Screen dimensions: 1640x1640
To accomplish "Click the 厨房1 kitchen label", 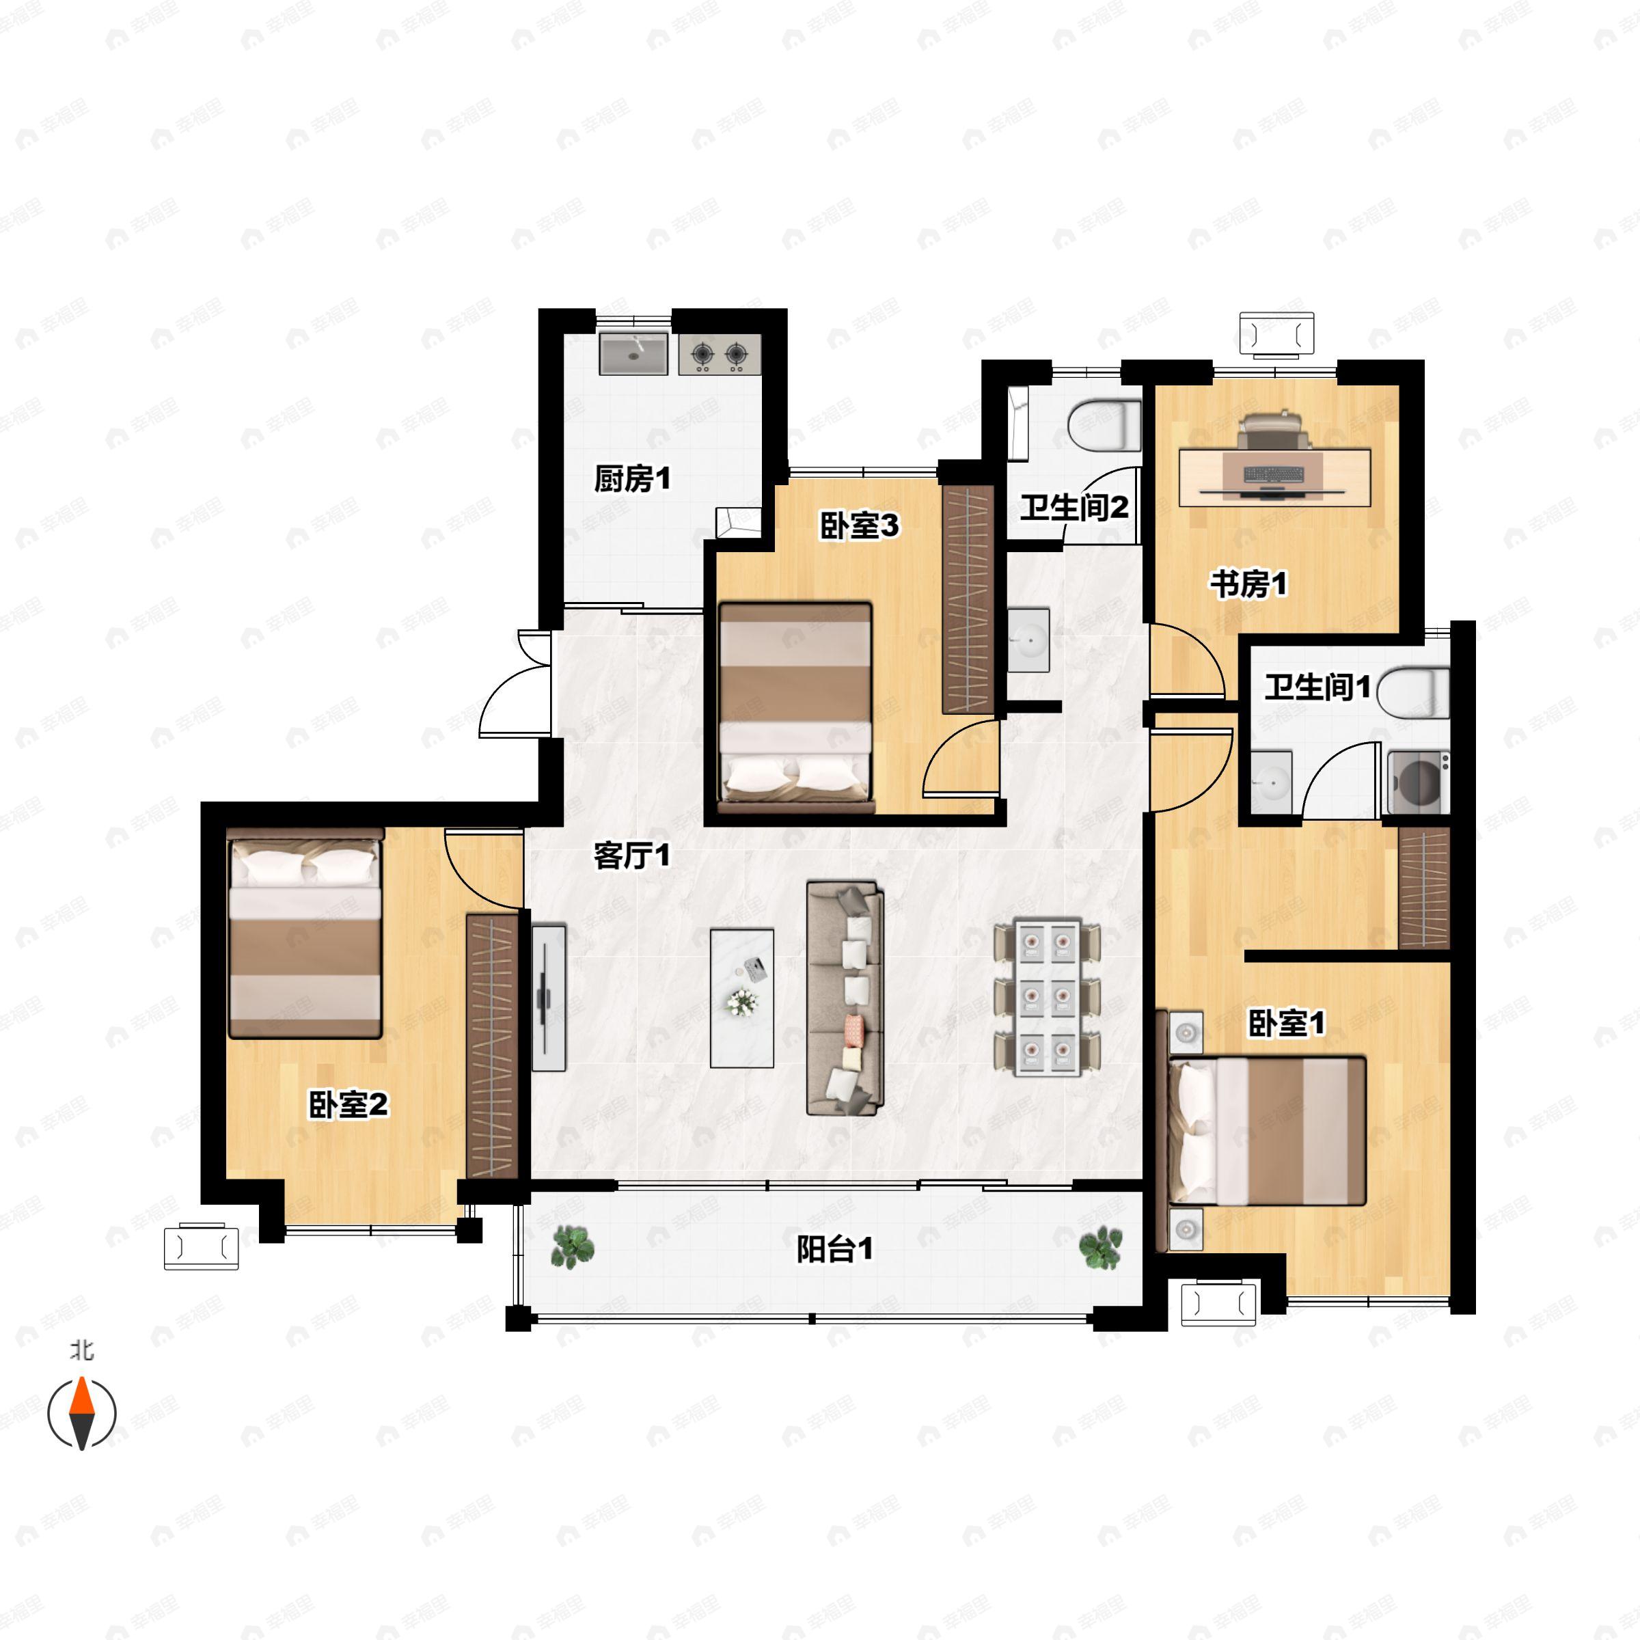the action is tap(631, 479).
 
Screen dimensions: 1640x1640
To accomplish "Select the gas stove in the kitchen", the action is tap(719, 354).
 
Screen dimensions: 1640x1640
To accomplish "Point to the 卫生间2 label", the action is tap(1074, 508).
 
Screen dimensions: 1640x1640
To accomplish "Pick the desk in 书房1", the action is tap(1274, 477).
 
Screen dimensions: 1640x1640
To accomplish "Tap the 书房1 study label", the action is tap(1248, 584).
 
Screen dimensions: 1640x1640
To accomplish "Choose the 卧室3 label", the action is tap(859, 525).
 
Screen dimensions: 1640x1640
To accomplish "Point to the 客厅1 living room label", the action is tap(631, 856).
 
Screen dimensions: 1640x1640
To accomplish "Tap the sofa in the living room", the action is tap(845, 998).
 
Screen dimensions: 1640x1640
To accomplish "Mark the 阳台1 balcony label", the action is tap(834, 1250).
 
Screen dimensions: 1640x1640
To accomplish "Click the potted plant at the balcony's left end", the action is tap(573, 1247).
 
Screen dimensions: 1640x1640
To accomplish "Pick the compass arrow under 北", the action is tap(81, 1413).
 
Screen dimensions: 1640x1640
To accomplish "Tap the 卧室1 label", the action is tap(1286, 1024).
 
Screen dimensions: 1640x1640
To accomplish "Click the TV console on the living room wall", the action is tap(549, 998).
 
